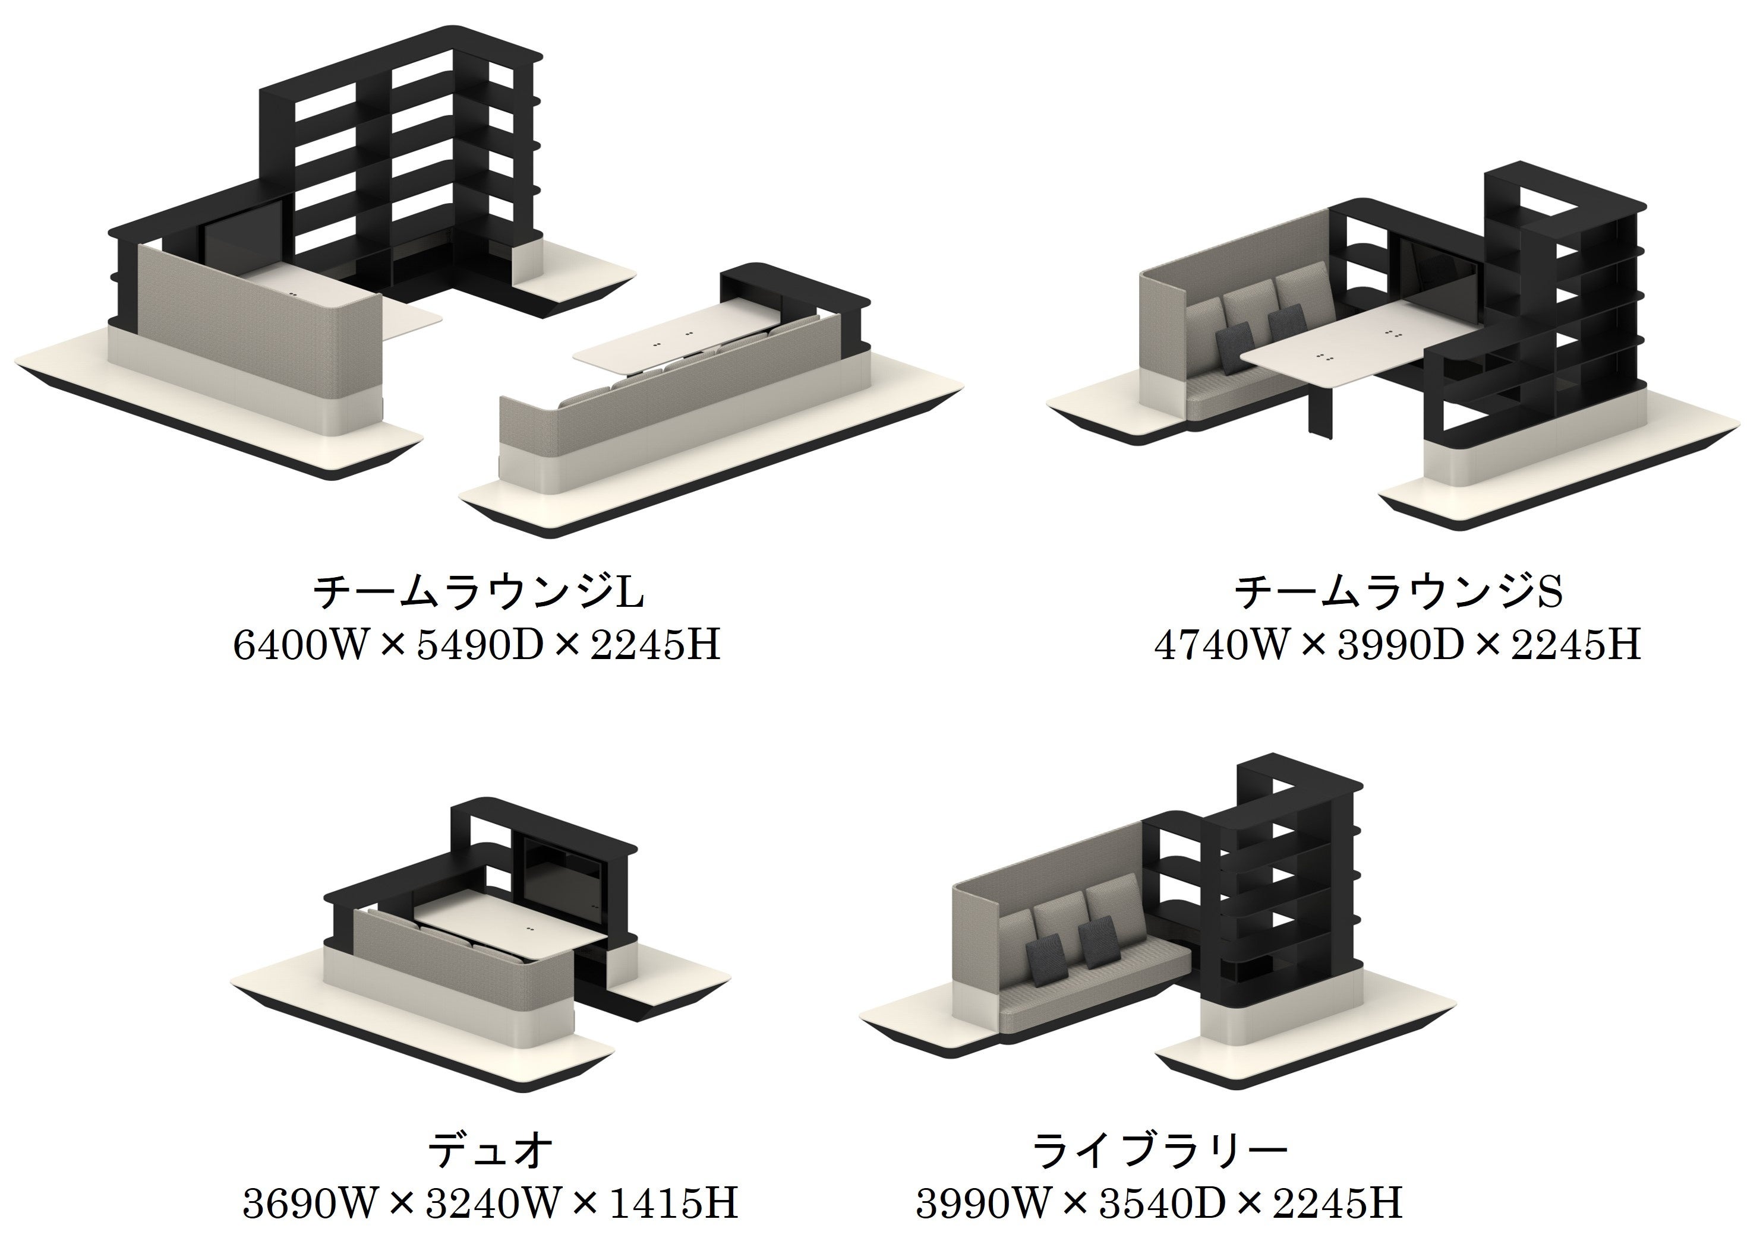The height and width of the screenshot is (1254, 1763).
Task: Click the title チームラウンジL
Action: (x=478, y=592)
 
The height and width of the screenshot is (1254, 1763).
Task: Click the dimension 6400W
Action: (x=298, y=645)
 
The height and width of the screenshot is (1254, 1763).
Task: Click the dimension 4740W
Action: (x=1219, y=645)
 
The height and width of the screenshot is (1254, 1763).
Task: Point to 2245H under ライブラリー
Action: (x=1338, y=1203)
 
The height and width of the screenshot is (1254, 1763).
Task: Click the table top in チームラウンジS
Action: (x=1360, y=347)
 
